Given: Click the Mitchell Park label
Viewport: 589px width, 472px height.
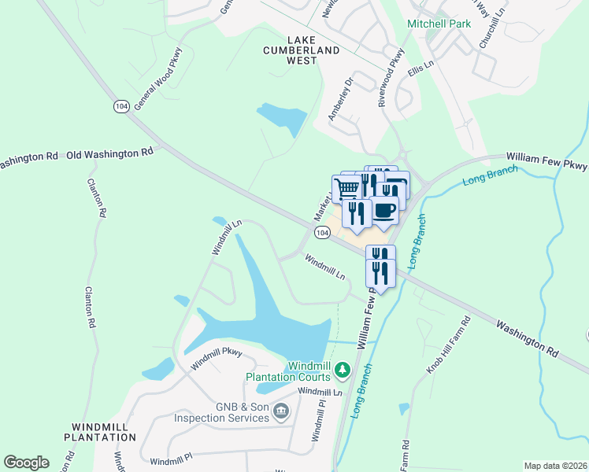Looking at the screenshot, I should pos(439,24).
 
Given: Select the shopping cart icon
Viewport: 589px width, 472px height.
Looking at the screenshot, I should pos(347,187).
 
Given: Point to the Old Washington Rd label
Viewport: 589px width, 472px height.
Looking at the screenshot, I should pos(109,153).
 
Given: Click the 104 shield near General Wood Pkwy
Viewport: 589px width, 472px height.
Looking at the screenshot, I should pos(120,106).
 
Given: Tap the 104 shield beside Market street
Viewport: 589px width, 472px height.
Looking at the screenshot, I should pos(321,233).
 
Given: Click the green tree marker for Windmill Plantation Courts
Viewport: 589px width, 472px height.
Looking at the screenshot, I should pos(342,368).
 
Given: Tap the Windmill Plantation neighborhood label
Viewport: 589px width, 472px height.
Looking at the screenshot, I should pos(100,431).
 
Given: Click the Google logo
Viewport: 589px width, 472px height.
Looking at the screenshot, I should pos(26,463).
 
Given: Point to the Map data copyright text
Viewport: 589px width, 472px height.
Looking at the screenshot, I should pos(554,466).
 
